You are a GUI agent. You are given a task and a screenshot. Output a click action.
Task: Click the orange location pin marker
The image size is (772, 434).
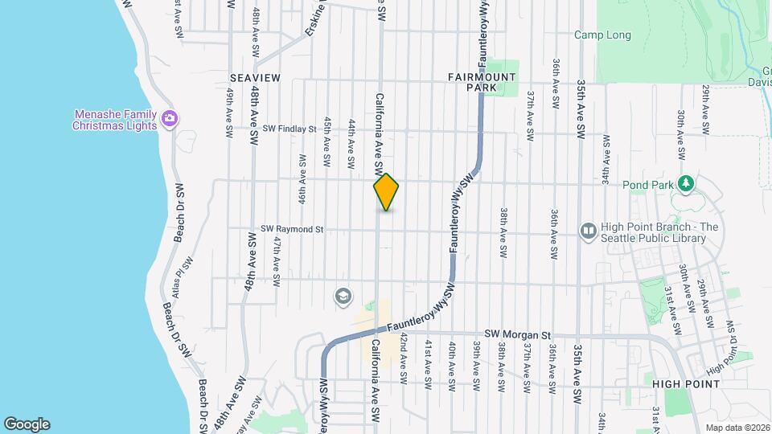pyautogui.click(x=386, y=192)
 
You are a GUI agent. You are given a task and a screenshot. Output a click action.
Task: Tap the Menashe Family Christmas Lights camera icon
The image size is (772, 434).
pyautogui.click(x=169, y=119)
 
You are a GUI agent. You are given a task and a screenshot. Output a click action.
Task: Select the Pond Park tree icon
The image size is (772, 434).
pyautogui.click(x=685, y=184)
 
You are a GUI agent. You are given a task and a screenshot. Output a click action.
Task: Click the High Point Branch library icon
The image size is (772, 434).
pyautogui.click(x=589, y=231)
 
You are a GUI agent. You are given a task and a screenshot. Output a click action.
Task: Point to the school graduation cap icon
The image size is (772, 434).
pyautogui.click(x=343, y=297)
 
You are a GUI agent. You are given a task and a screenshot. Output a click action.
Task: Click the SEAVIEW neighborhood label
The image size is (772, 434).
pyautogui.click(x=255, y=77)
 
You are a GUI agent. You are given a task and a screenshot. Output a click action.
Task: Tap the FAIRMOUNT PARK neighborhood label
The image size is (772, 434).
pyautogui.click(x=482, y=81)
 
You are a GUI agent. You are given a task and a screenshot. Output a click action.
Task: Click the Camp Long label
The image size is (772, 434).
pyautogui.click(x=602, y=35)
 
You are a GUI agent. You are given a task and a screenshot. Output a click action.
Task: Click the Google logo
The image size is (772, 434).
pyautogui.click(x=27, y=424)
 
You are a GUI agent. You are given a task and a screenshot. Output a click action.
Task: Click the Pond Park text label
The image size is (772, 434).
pyautogui.click(x=646, y=185)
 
